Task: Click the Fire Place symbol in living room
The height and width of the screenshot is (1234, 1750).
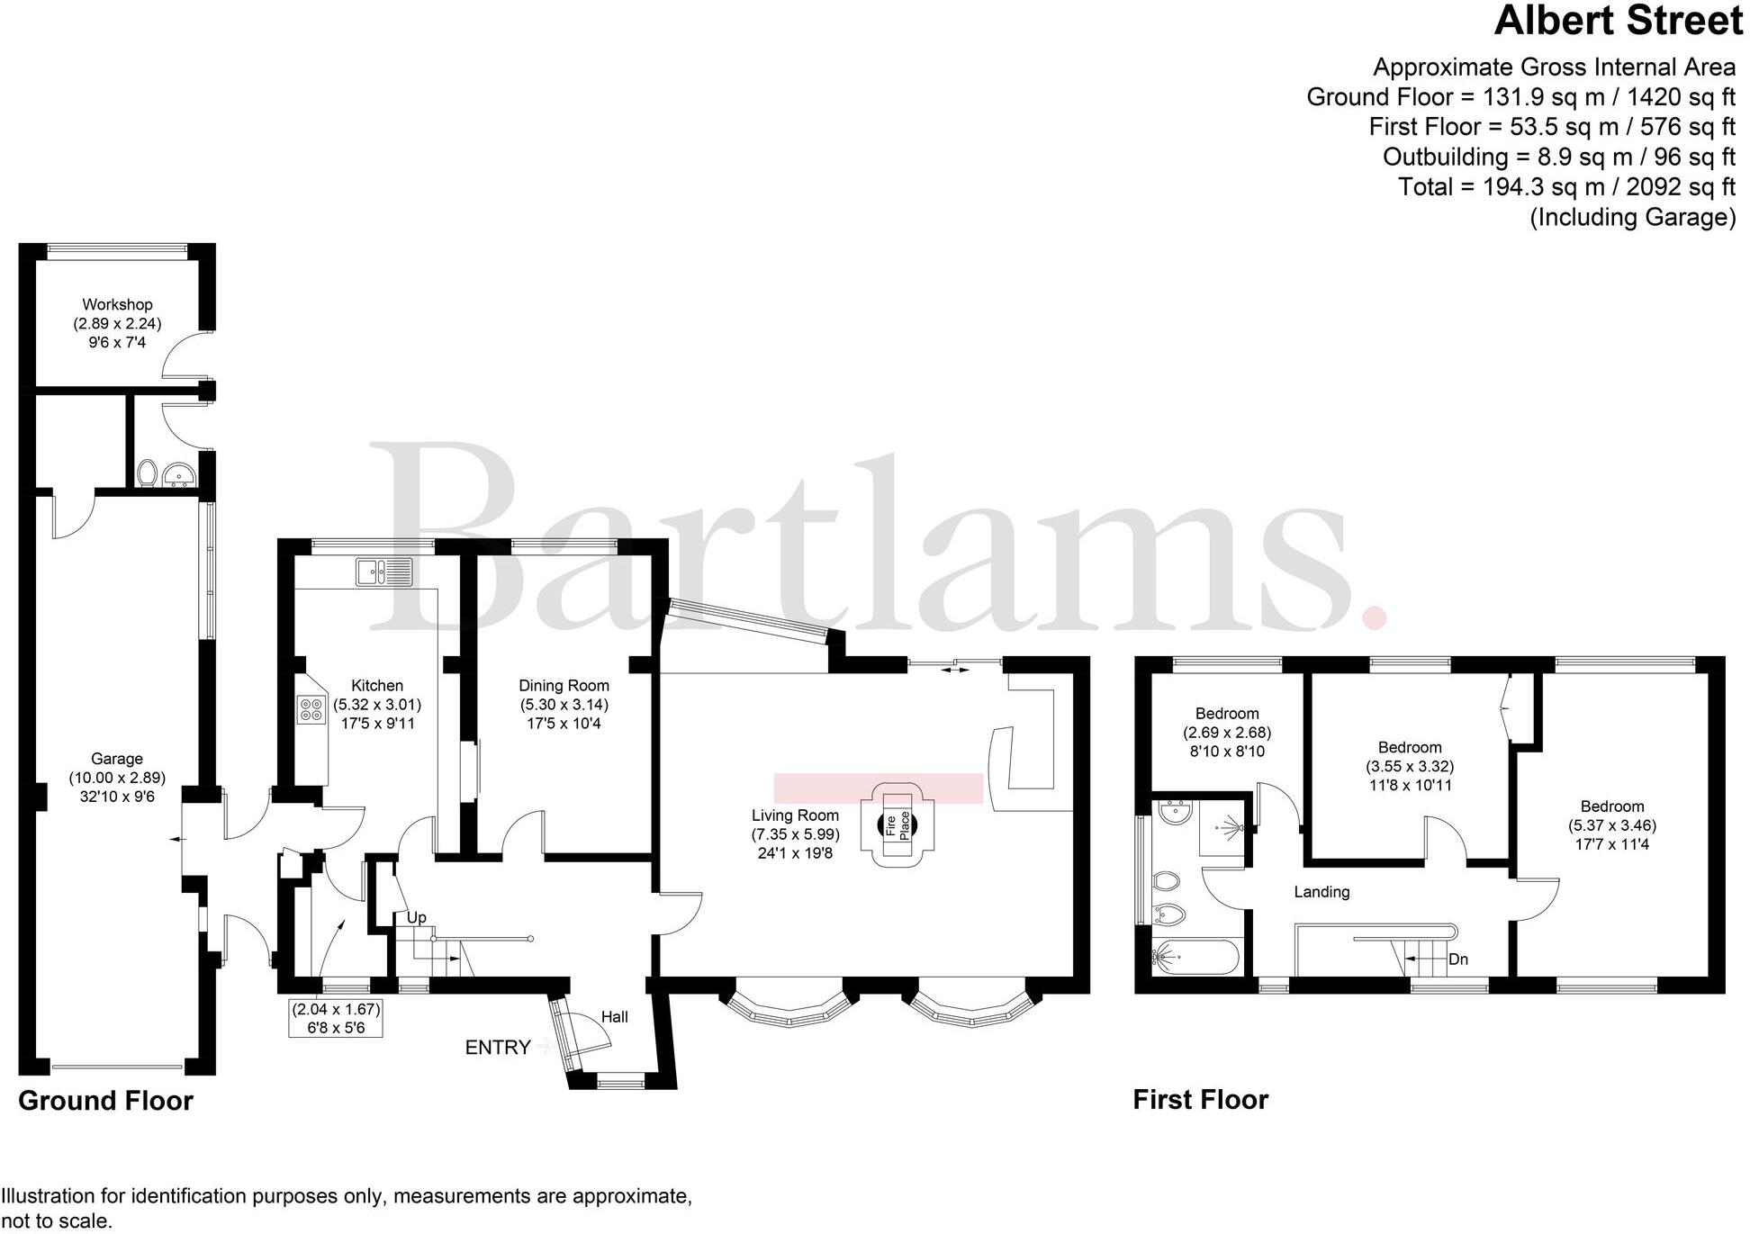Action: (898, 824)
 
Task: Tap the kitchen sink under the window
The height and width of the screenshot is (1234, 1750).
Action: (384, 572)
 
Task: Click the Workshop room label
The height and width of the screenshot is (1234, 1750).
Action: (117, 304)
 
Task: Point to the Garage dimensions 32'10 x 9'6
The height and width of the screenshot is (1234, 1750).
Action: (117, 797)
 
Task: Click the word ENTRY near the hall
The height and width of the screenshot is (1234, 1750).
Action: (498, 1047)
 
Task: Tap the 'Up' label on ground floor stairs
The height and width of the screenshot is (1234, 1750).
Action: (416, 917)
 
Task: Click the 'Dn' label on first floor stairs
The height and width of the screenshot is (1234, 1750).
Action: (1458, 959)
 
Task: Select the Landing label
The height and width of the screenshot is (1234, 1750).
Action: (1322, 892)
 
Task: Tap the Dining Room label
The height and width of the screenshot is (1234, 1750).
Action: (564, 685)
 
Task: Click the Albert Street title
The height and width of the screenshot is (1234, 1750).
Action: (1619, 22)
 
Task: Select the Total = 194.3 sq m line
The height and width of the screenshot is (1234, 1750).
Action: (1565, 187)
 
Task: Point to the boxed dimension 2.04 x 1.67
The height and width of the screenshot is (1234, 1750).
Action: (336, 1009)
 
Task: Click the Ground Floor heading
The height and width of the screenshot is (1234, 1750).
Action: (105, 1100)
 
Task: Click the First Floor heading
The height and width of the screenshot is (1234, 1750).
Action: (1200, 1099)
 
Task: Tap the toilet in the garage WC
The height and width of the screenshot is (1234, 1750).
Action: (147, 473)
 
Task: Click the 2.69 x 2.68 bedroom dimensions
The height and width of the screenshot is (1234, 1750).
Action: (1227, 733)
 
